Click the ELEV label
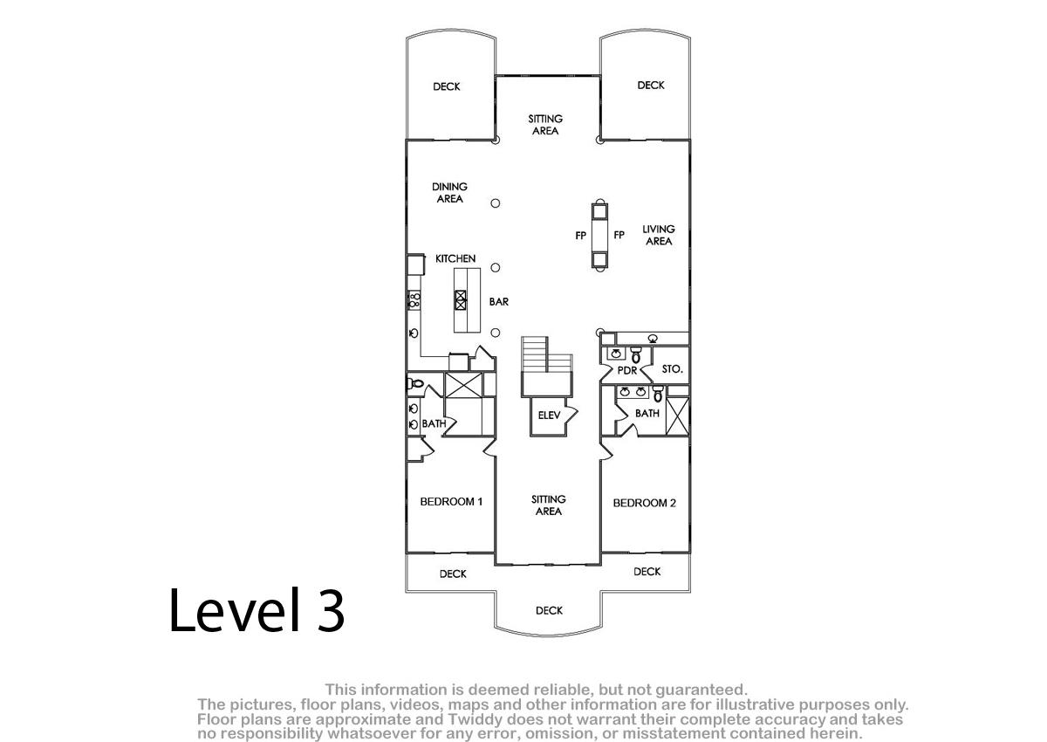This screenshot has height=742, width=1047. (x=549, y=416)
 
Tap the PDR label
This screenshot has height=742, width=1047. (x=626, y=370)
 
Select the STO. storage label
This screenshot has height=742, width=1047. (x=672, y=369)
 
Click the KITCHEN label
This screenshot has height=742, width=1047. (x=455, y=258)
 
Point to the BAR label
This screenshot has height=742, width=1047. (x=499, y=301)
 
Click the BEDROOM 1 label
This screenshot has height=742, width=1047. (x=451, y=502)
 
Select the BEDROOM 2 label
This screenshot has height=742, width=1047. (x=644, y=503)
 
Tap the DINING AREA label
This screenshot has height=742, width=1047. (x=449, y=193)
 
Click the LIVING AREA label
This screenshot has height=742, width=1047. (x=659, y=235)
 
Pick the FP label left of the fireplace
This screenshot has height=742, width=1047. (x=580, y=236)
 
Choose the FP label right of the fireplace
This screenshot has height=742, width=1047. (x=619, y=235)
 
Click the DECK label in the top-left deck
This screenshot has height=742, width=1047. (x=447, y=86)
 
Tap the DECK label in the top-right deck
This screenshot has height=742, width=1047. (x=651, y=85)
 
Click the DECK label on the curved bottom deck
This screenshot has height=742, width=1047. (x=549, y=610)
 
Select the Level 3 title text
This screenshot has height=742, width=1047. (x=257, y=610)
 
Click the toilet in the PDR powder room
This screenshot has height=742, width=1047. (x=636, y=355)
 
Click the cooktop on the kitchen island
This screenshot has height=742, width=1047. (x=461, y=300)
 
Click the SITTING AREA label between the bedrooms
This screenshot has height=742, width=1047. (x=548, y=505)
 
